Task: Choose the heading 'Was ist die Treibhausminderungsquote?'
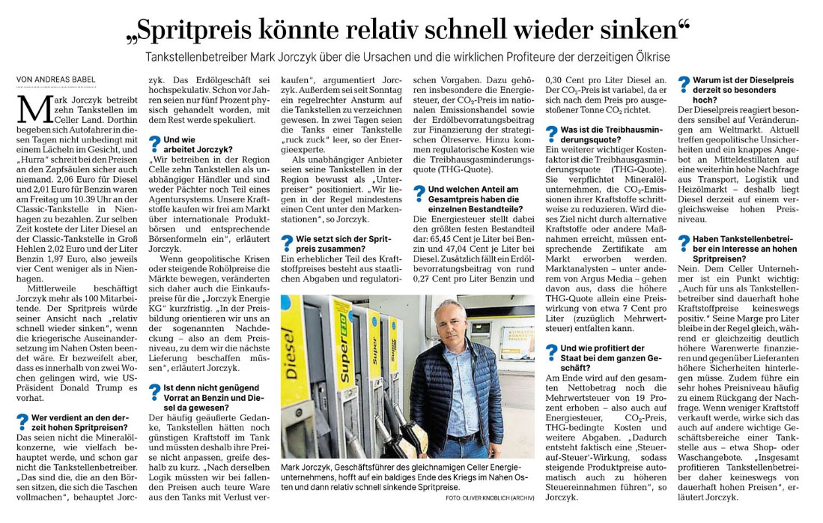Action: click(x=607, y=134)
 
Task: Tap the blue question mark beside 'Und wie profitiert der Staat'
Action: click(x=550, y=352)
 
